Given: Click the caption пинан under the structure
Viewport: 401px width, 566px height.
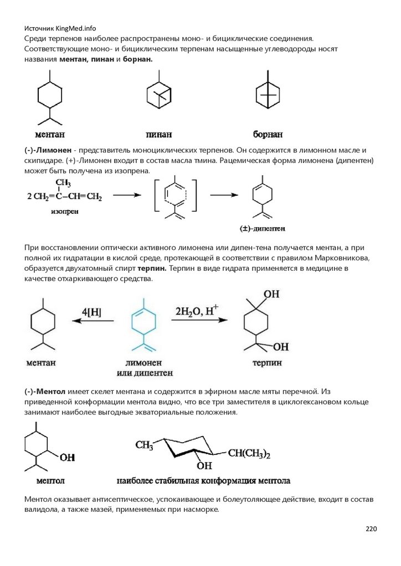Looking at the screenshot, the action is pyautogui.click(x=158, y=134).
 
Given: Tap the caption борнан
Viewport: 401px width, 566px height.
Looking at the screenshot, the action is pyautogui.click(x=268, y=134).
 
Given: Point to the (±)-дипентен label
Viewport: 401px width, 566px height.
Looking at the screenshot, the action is pyautogui.click(x=262, y=228).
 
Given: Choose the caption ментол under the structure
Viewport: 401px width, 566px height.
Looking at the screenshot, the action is pyautogui.click(x=50, y=480).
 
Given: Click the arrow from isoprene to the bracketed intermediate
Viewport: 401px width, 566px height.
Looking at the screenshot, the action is pyautogui.click(x=127, y=195).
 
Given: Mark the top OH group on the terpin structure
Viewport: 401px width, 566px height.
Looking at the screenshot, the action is pyautogui.click(x=272, y=295).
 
